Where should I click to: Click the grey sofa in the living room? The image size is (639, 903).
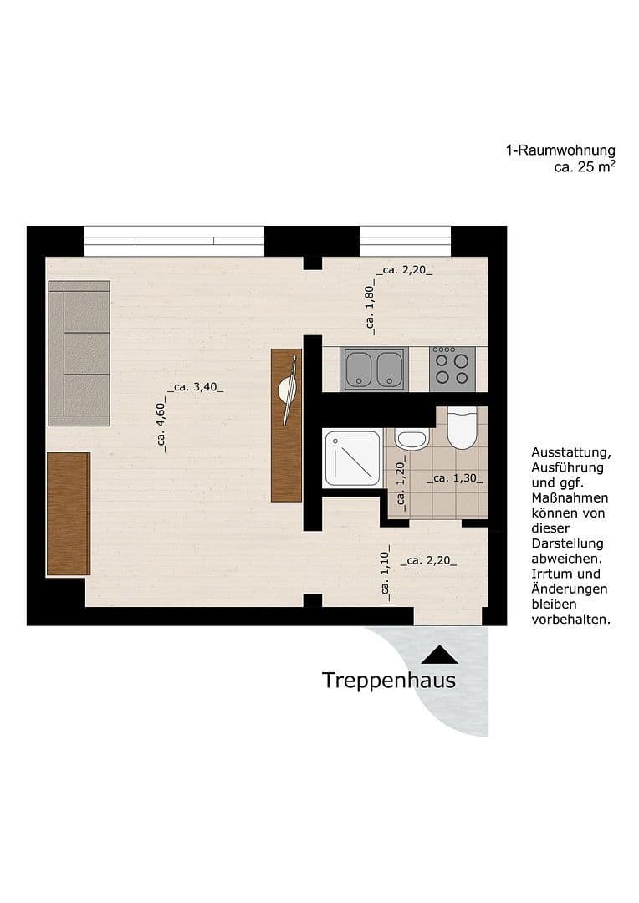click(79, 353)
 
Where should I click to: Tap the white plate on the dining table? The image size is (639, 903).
click(288, 390)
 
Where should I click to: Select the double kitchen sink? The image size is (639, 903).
click(375, 369)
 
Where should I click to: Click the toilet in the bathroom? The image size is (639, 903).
click(462, 428)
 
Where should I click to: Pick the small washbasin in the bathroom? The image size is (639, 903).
click(411, 438)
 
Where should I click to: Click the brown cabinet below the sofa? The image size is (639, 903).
click(68, 513)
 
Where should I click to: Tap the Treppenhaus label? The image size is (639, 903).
click(389, 681)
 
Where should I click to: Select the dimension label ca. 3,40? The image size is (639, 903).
click(196, 387)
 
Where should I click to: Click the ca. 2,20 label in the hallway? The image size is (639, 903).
click(428, 561)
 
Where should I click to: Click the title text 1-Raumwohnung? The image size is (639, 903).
click(560, 151)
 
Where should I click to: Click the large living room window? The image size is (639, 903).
click(174, 241)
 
